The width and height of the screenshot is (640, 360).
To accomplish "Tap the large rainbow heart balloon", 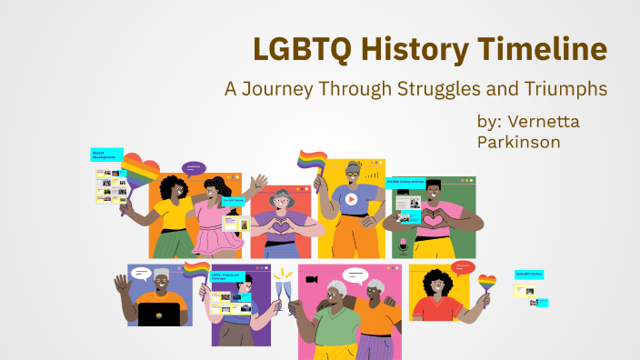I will [140, 174].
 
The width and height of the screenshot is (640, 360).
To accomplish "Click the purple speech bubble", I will [194, 168].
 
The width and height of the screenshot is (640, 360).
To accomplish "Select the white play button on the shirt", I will [351, 198].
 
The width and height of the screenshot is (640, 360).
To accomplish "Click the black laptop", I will [158, 315].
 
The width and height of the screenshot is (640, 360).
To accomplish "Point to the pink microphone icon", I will [403, 245].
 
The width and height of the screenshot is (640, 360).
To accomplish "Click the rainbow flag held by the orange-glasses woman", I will [311, 162].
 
